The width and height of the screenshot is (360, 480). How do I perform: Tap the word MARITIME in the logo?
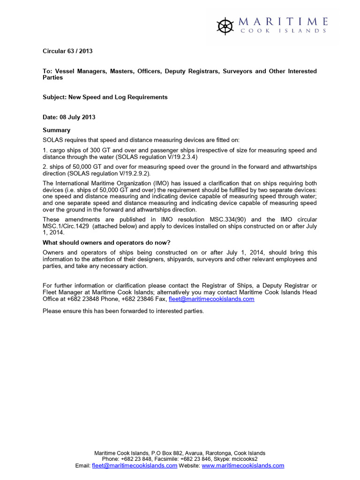pyautogui.click(x=283, y=22)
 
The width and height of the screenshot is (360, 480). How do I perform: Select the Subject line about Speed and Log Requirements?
pyautogui.click(x=105, y=97)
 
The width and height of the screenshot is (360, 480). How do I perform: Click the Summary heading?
pyautogui.click(x=56, y=130)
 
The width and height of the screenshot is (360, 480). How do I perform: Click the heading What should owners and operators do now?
pyautogui.click(x=106, y=242)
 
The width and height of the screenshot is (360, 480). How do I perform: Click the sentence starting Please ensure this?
pyautogui.click(x=123, y=311)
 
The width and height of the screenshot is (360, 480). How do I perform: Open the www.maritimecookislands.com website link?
pyautogui.click(x=243, y=465)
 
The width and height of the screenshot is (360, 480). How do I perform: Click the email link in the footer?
pyautogui.click(x=135, y=465)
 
